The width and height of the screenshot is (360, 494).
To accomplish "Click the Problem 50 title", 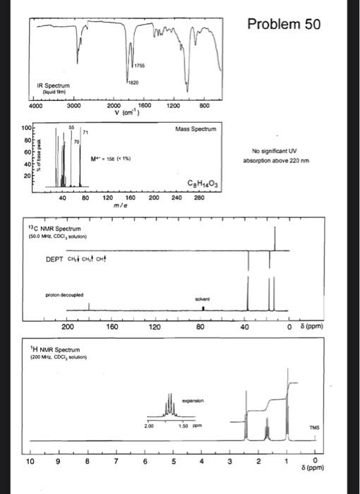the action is click(x=285, y=25).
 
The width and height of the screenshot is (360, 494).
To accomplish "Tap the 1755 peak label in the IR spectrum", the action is click(x=141, y=66).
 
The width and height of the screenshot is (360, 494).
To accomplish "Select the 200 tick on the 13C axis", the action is click(x=68, y=327).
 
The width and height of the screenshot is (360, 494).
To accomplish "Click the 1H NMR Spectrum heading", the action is click(x=52, y=350).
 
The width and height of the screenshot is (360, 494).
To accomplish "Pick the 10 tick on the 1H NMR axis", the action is click(x=29, y=462).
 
